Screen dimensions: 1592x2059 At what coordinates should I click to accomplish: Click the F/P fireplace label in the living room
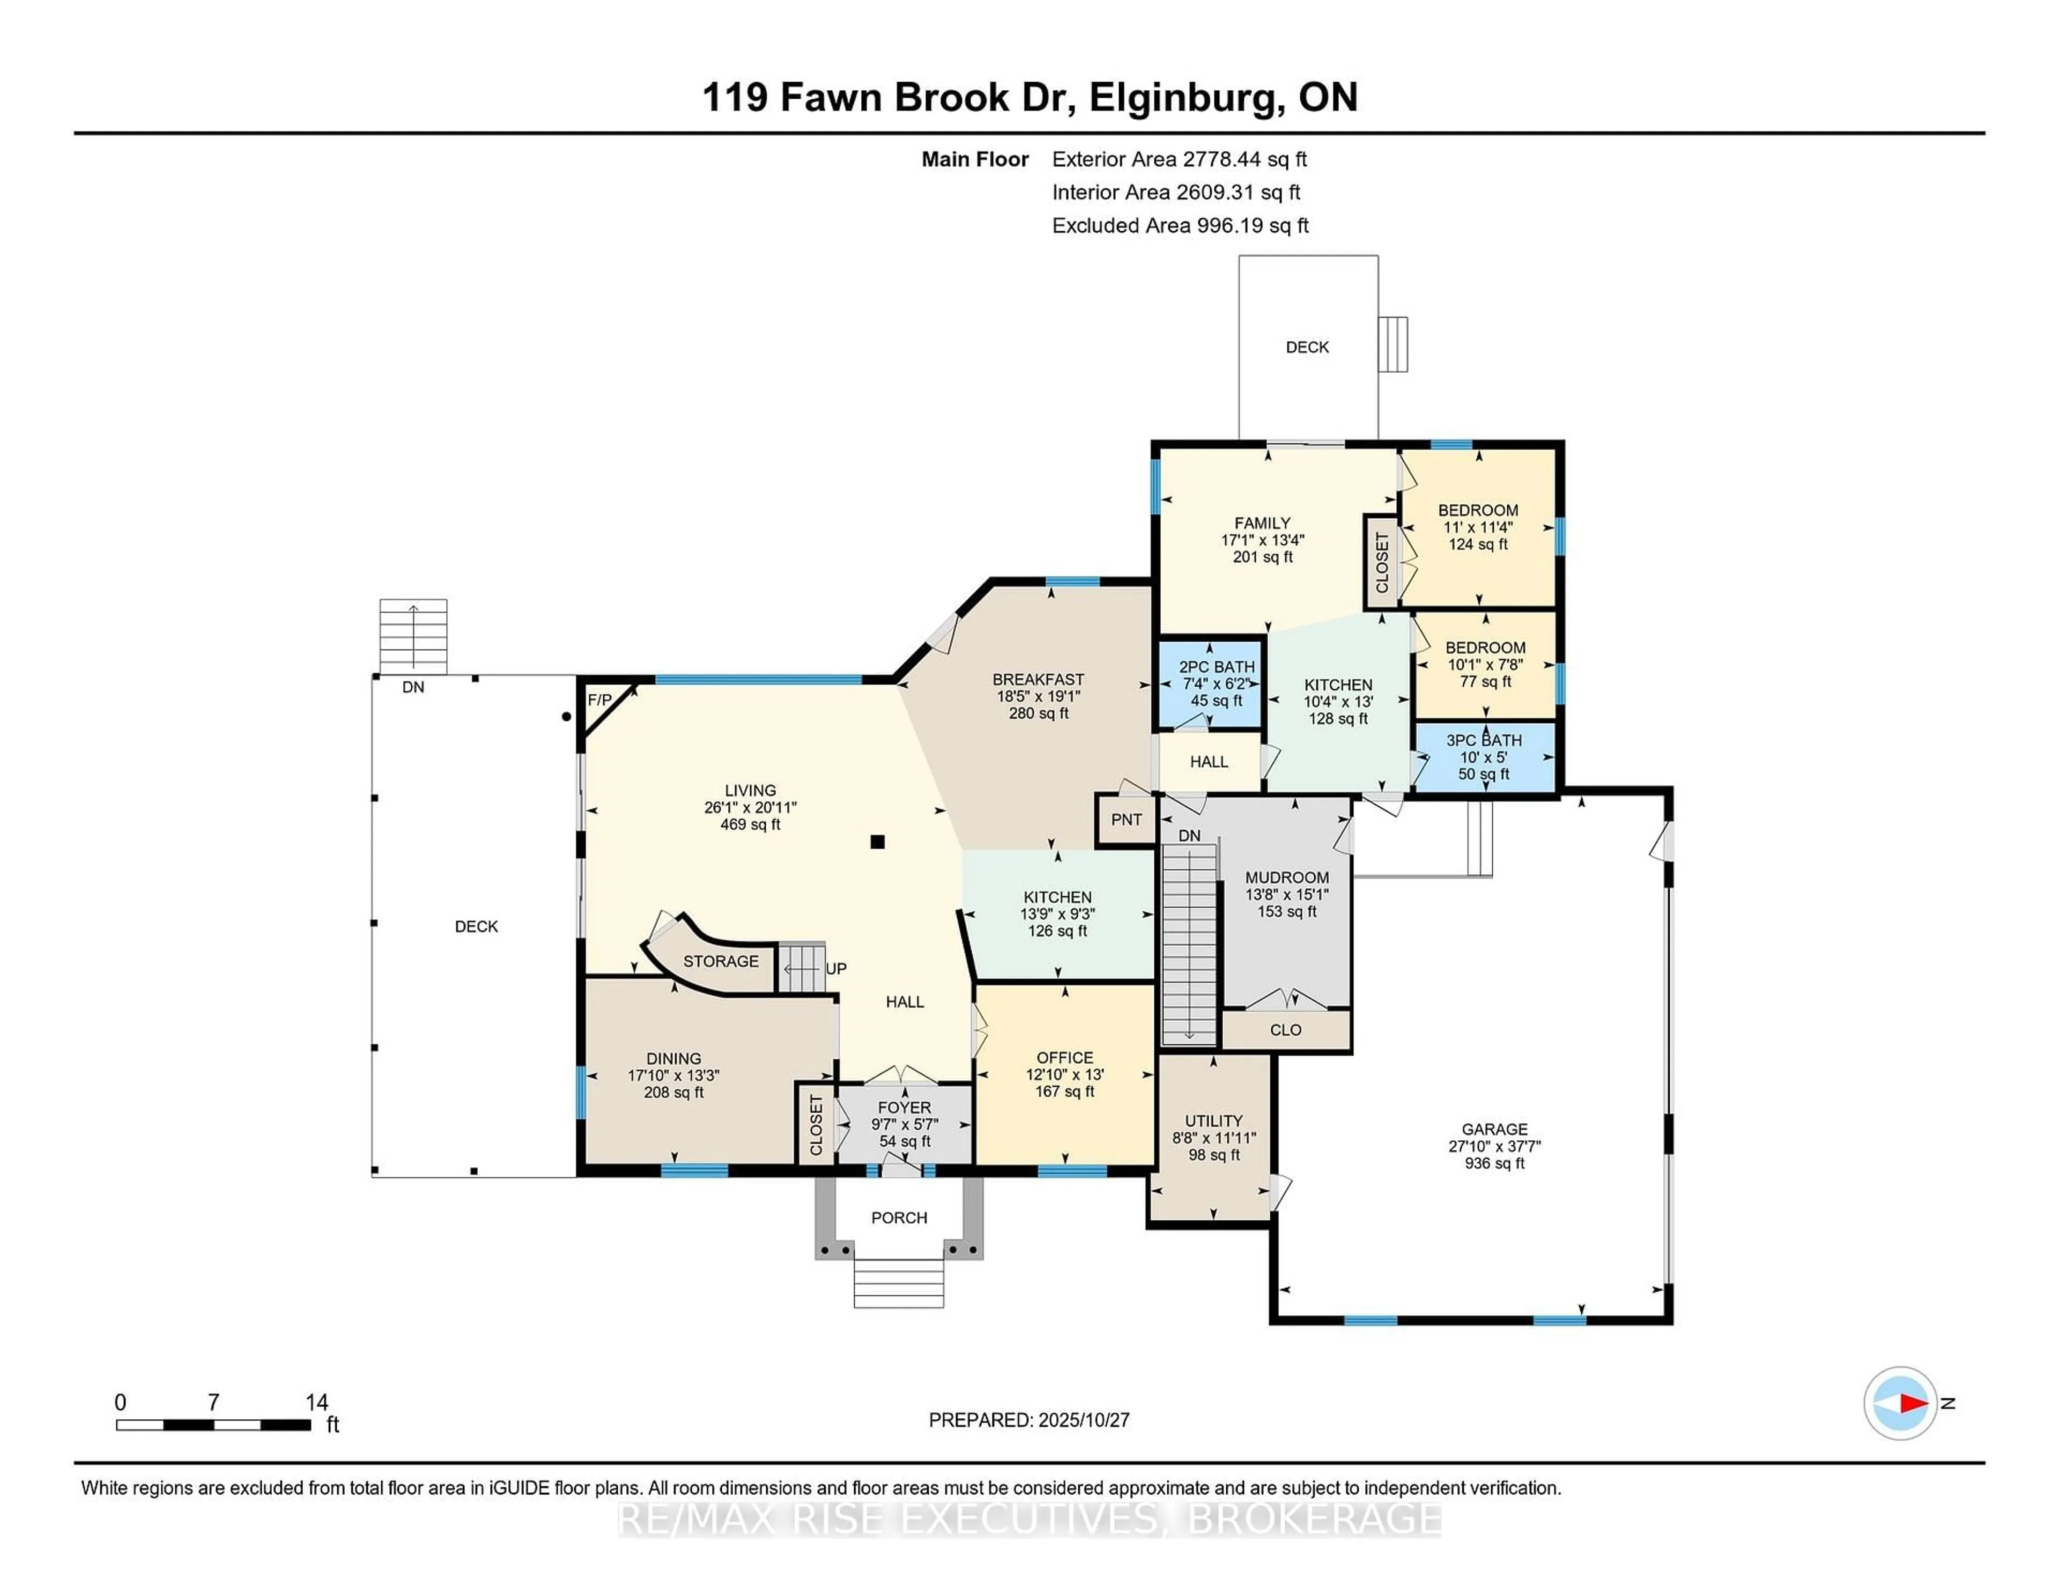(x=599, y=700)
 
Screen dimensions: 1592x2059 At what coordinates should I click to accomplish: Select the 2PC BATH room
(x=1216, y=683)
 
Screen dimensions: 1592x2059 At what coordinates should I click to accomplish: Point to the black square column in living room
(x=877, y=842)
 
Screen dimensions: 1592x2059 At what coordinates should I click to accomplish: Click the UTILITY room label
(x=1213, y=1122)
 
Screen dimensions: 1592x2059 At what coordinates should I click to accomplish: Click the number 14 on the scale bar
(x=317, y=1403)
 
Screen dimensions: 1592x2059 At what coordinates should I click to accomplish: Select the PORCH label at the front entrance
(x=899, y=1218)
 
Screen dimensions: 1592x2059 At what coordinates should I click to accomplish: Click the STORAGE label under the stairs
(x=720, y=961)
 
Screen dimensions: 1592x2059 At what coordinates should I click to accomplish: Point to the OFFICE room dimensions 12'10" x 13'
(x=1064, y=1074)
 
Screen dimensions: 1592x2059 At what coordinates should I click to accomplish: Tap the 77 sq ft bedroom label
(x=1485, y=681)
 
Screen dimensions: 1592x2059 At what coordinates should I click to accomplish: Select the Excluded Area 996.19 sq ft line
(x=1180, y=225)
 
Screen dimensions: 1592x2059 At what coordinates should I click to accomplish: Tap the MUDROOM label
(x=1286, y=877)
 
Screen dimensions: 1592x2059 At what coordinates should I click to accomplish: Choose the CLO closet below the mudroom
(x=1285, y=1030)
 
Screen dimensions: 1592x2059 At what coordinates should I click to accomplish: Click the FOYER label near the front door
(x=903, y=1107)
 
